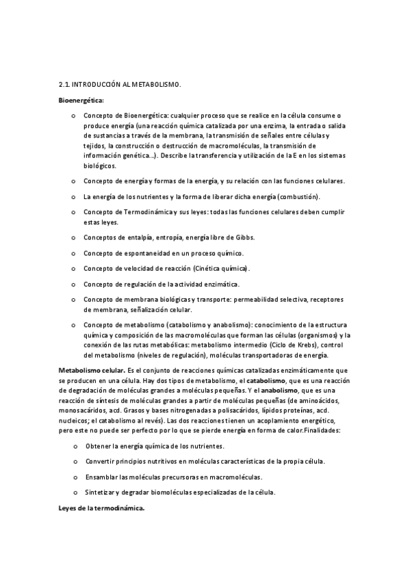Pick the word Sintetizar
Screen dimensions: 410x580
[101, 492]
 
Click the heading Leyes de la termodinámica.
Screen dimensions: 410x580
[102, 508]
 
